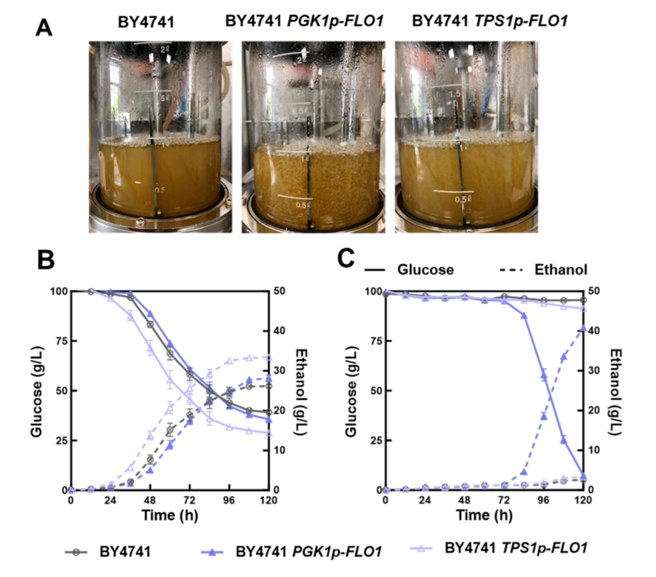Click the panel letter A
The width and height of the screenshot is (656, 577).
pyautogui.click(x=44, y=26)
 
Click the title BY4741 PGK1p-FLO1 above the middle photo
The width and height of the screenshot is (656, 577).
pyautogui.click(x=304, y=22)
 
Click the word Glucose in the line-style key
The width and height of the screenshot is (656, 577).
pyautogui.click(x=425, y=270)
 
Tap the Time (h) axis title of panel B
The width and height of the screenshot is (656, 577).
pyautogui.click(x=169, y=514)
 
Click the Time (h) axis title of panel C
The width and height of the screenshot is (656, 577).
pyautogui.click(x=483, y=514)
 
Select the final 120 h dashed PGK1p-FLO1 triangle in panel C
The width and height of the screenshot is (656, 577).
pyautogui.click(x=584, y=328)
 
